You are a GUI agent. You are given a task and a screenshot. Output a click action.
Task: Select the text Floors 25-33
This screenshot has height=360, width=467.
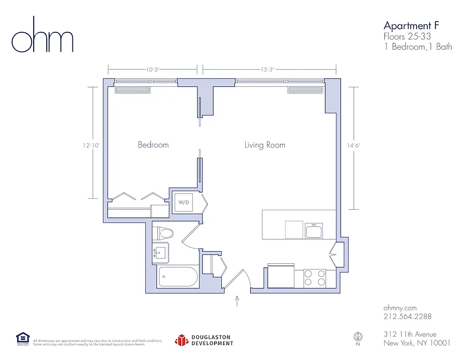pos(407,36)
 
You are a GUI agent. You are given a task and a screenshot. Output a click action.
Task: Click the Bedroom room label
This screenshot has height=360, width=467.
pos(153,145)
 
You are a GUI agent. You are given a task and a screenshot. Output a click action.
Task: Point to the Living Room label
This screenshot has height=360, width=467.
pos(265,145)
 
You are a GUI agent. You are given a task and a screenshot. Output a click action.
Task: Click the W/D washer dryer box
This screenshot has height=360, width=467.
pos(184,202)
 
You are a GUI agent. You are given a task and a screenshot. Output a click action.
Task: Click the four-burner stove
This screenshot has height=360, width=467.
pos(314,278)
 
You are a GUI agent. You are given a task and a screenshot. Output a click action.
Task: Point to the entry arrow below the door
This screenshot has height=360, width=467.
pos(237,301)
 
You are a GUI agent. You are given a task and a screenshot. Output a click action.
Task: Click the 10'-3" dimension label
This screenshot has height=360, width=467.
pos(153,70)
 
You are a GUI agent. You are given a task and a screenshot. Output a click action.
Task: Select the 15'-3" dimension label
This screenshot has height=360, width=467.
pos(267,70)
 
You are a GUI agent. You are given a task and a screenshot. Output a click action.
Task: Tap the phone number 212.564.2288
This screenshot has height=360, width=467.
pos(407,316)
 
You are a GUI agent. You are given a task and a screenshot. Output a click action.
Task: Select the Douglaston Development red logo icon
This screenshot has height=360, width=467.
pos(181,340)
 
